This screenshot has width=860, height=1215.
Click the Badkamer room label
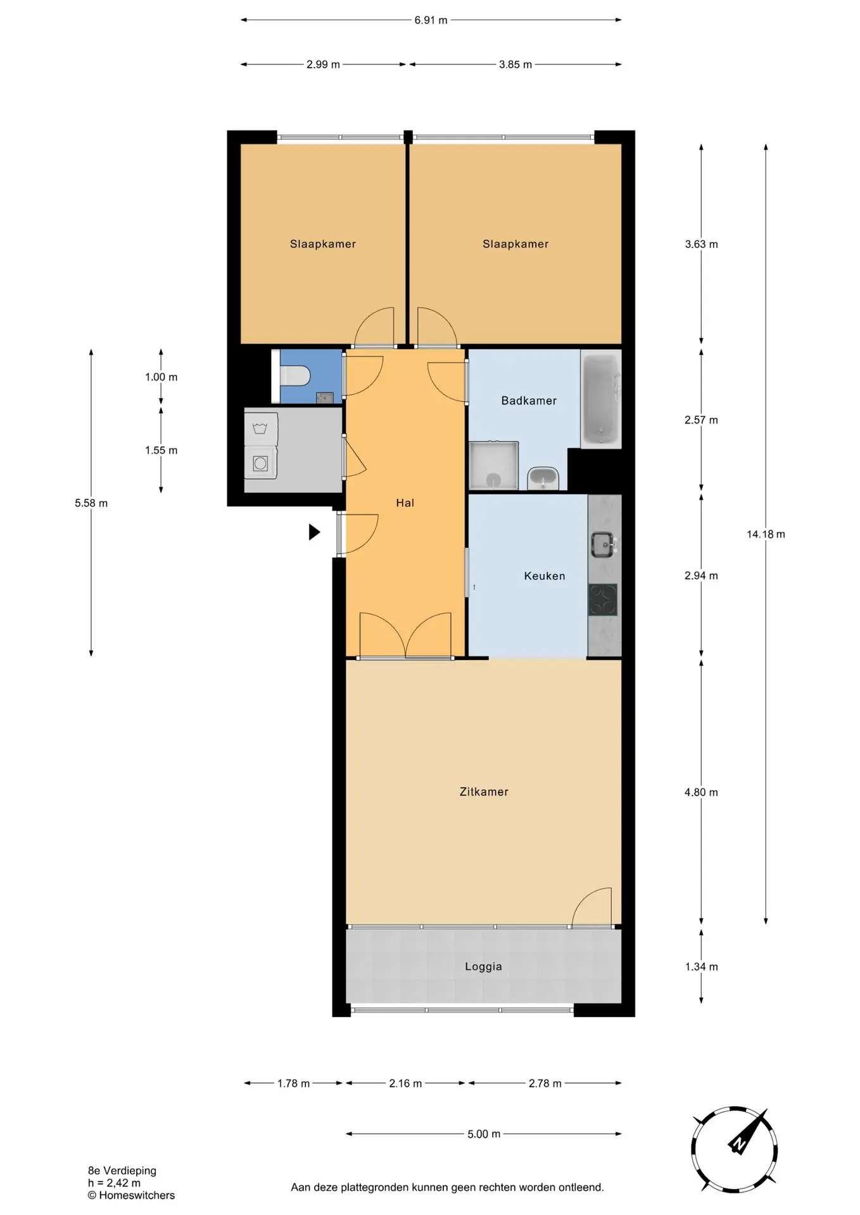(529, 401)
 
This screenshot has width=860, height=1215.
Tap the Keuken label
(545, 576)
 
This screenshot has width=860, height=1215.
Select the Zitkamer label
(484, 792)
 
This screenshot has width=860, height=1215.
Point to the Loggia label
(483, 966)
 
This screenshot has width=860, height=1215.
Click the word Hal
(405, 503)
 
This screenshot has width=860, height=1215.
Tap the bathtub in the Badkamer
(601, 399)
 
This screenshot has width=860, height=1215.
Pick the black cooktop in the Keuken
(603, 599)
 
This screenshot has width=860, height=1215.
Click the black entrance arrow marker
(314, 532)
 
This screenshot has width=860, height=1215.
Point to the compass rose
(734, 1150)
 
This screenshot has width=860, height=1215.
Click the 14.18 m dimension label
(766, 534)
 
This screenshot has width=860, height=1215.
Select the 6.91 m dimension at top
(431, 20)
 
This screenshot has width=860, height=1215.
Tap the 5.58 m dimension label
(91, 503)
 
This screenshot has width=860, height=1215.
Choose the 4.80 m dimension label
(701, 792)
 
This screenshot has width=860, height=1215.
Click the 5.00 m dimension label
(484, 1134)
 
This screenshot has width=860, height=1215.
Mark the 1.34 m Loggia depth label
(701, 966)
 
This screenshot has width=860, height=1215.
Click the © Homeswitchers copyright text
(131, 1195)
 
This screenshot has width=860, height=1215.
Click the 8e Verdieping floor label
(122, 1171)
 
